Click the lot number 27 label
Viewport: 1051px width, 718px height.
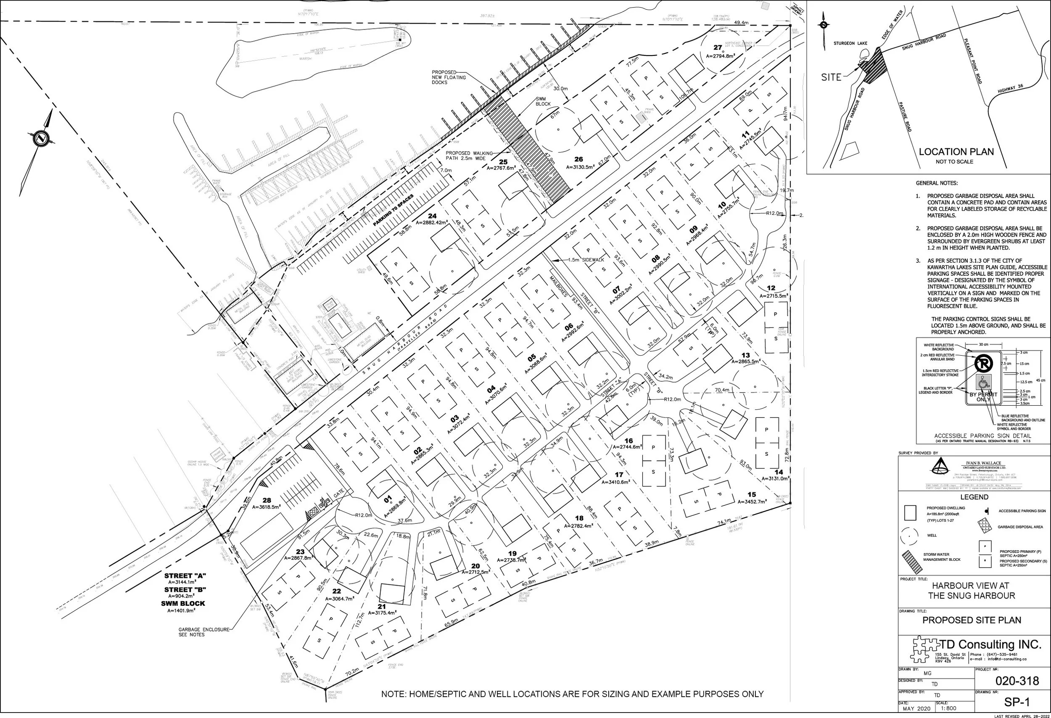tap(718, 48)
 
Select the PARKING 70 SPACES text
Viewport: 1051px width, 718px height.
tap(393, 210)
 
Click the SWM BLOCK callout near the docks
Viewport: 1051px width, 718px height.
tap(543, 101)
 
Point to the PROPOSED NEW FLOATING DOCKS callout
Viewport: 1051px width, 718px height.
tap(448, 77)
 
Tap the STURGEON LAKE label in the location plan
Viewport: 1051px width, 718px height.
tap(850, 43)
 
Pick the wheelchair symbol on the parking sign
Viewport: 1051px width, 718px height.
tap(983, 383)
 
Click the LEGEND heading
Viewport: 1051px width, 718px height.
tap(974, 497)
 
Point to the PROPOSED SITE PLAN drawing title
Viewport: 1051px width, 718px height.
tap(972, 620)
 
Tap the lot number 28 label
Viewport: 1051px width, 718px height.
tap(267, 500)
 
